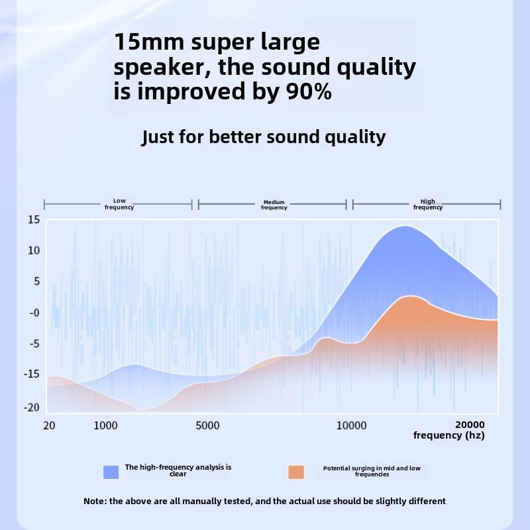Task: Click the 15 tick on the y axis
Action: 34,219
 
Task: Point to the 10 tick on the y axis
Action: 34,250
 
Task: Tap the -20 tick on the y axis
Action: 31,407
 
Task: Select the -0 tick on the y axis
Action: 34,313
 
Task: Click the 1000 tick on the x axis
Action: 106,425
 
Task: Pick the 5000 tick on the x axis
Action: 208,425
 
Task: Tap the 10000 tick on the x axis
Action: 352,425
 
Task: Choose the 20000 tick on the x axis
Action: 470,425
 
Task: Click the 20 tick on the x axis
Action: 50,425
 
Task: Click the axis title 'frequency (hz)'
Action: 449,435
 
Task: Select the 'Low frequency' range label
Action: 119,204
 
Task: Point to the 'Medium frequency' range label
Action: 274,205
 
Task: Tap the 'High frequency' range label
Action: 428,204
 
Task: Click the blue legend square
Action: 111,472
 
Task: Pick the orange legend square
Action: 296,472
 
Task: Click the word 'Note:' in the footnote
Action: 95,501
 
